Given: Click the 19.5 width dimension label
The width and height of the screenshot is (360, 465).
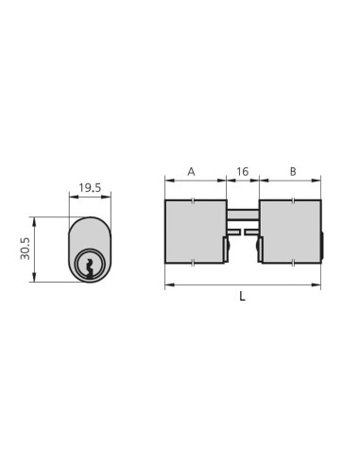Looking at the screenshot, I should pos(90,188).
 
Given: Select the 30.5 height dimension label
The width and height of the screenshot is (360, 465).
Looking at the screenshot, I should pos(26,249).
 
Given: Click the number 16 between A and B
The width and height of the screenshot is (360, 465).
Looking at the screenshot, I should pos(242,172).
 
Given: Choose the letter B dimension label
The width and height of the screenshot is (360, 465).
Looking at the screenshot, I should pos(292,172).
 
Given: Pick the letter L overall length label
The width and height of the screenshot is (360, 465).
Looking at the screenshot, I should pos(242,296).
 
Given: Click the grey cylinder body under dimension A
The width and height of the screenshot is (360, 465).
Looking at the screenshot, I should pos(194,232).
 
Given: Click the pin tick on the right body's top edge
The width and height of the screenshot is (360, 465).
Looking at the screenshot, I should pos(293,199).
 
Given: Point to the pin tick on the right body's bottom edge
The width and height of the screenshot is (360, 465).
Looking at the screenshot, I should pos(293,264).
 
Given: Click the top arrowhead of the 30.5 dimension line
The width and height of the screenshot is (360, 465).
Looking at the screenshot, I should pos(34,219).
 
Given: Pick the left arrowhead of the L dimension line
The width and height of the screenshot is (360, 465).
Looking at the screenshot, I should pos(167,284).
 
